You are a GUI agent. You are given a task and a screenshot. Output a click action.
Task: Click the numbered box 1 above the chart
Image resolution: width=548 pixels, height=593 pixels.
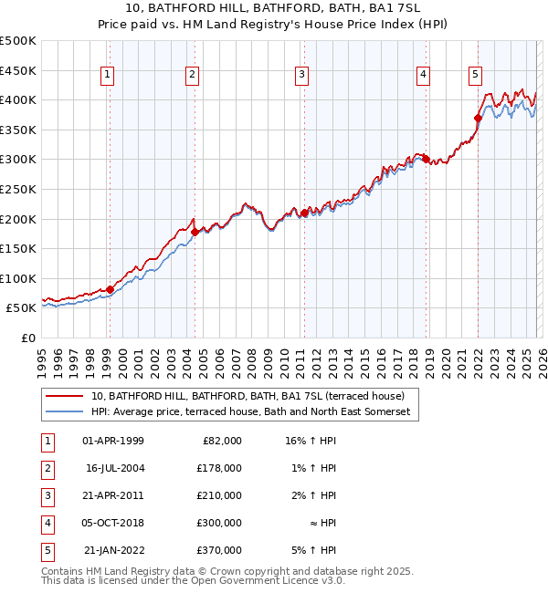tap(108, 76)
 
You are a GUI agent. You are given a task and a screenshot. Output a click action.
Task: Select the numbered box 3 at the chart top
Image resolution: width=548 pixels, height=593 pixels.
tap(301, 76)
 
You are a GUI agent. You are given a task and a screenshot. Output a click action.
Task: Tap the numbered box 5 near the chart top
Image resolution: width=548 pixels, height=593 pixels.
tap(476, 76)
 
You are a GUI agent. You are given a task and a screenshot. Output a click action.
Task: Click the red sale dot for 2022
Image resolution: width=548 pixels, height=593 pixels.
tap(478, 118)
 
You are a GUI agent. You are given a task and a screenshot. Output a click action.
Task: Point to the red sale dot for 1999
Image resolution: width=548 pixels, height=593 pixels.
tap(111, 289)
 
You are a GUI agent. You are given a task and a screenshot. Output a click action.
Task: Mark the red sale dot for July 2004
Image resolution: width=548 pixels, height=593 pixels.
tap(195, 232)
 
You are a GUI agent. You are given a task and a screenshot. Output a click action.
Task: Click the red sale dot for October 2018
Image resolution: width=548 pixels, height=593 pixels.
tap(426, 159)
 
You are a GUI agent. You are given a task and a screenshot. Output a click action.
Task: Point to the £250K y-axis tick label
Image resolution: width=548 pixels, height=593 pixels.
tap(18, 189)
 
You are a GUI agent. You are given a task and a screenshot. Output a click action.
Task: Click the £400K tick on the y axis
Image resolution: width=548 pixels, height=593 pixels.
tap(18, 99)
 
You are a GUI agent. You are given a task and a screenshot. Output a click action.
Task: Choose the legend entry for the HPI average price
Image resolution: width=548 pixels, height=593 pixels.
tap(251, 412)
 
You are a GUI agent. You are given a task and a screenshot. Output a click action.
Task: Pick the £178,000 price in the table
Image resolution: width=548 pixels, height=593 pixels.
tap(219, 468)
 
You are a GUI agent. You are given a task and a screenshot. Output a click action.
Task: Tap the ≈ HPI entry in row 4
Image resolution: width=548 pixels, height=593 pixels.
tap(321, 523)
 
